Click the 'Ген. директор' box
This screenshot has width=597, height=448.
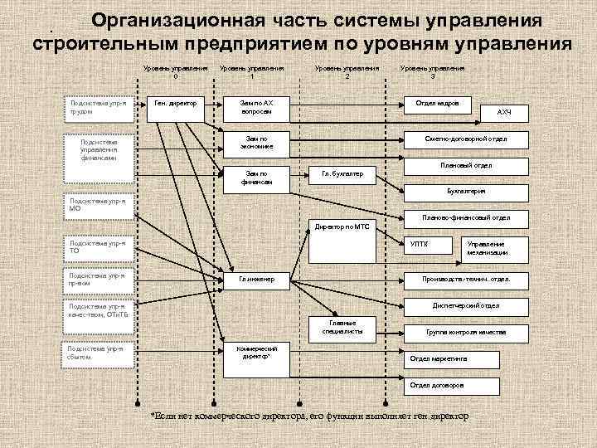175,105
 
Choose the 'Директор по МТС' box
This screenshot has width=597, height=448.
342,226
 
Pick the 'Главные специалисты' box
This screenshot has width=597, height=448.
342,326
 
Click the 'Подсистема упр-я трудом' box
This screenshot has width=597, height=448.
99,108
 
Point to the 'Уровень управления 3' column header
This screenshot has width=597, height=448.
432,73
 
